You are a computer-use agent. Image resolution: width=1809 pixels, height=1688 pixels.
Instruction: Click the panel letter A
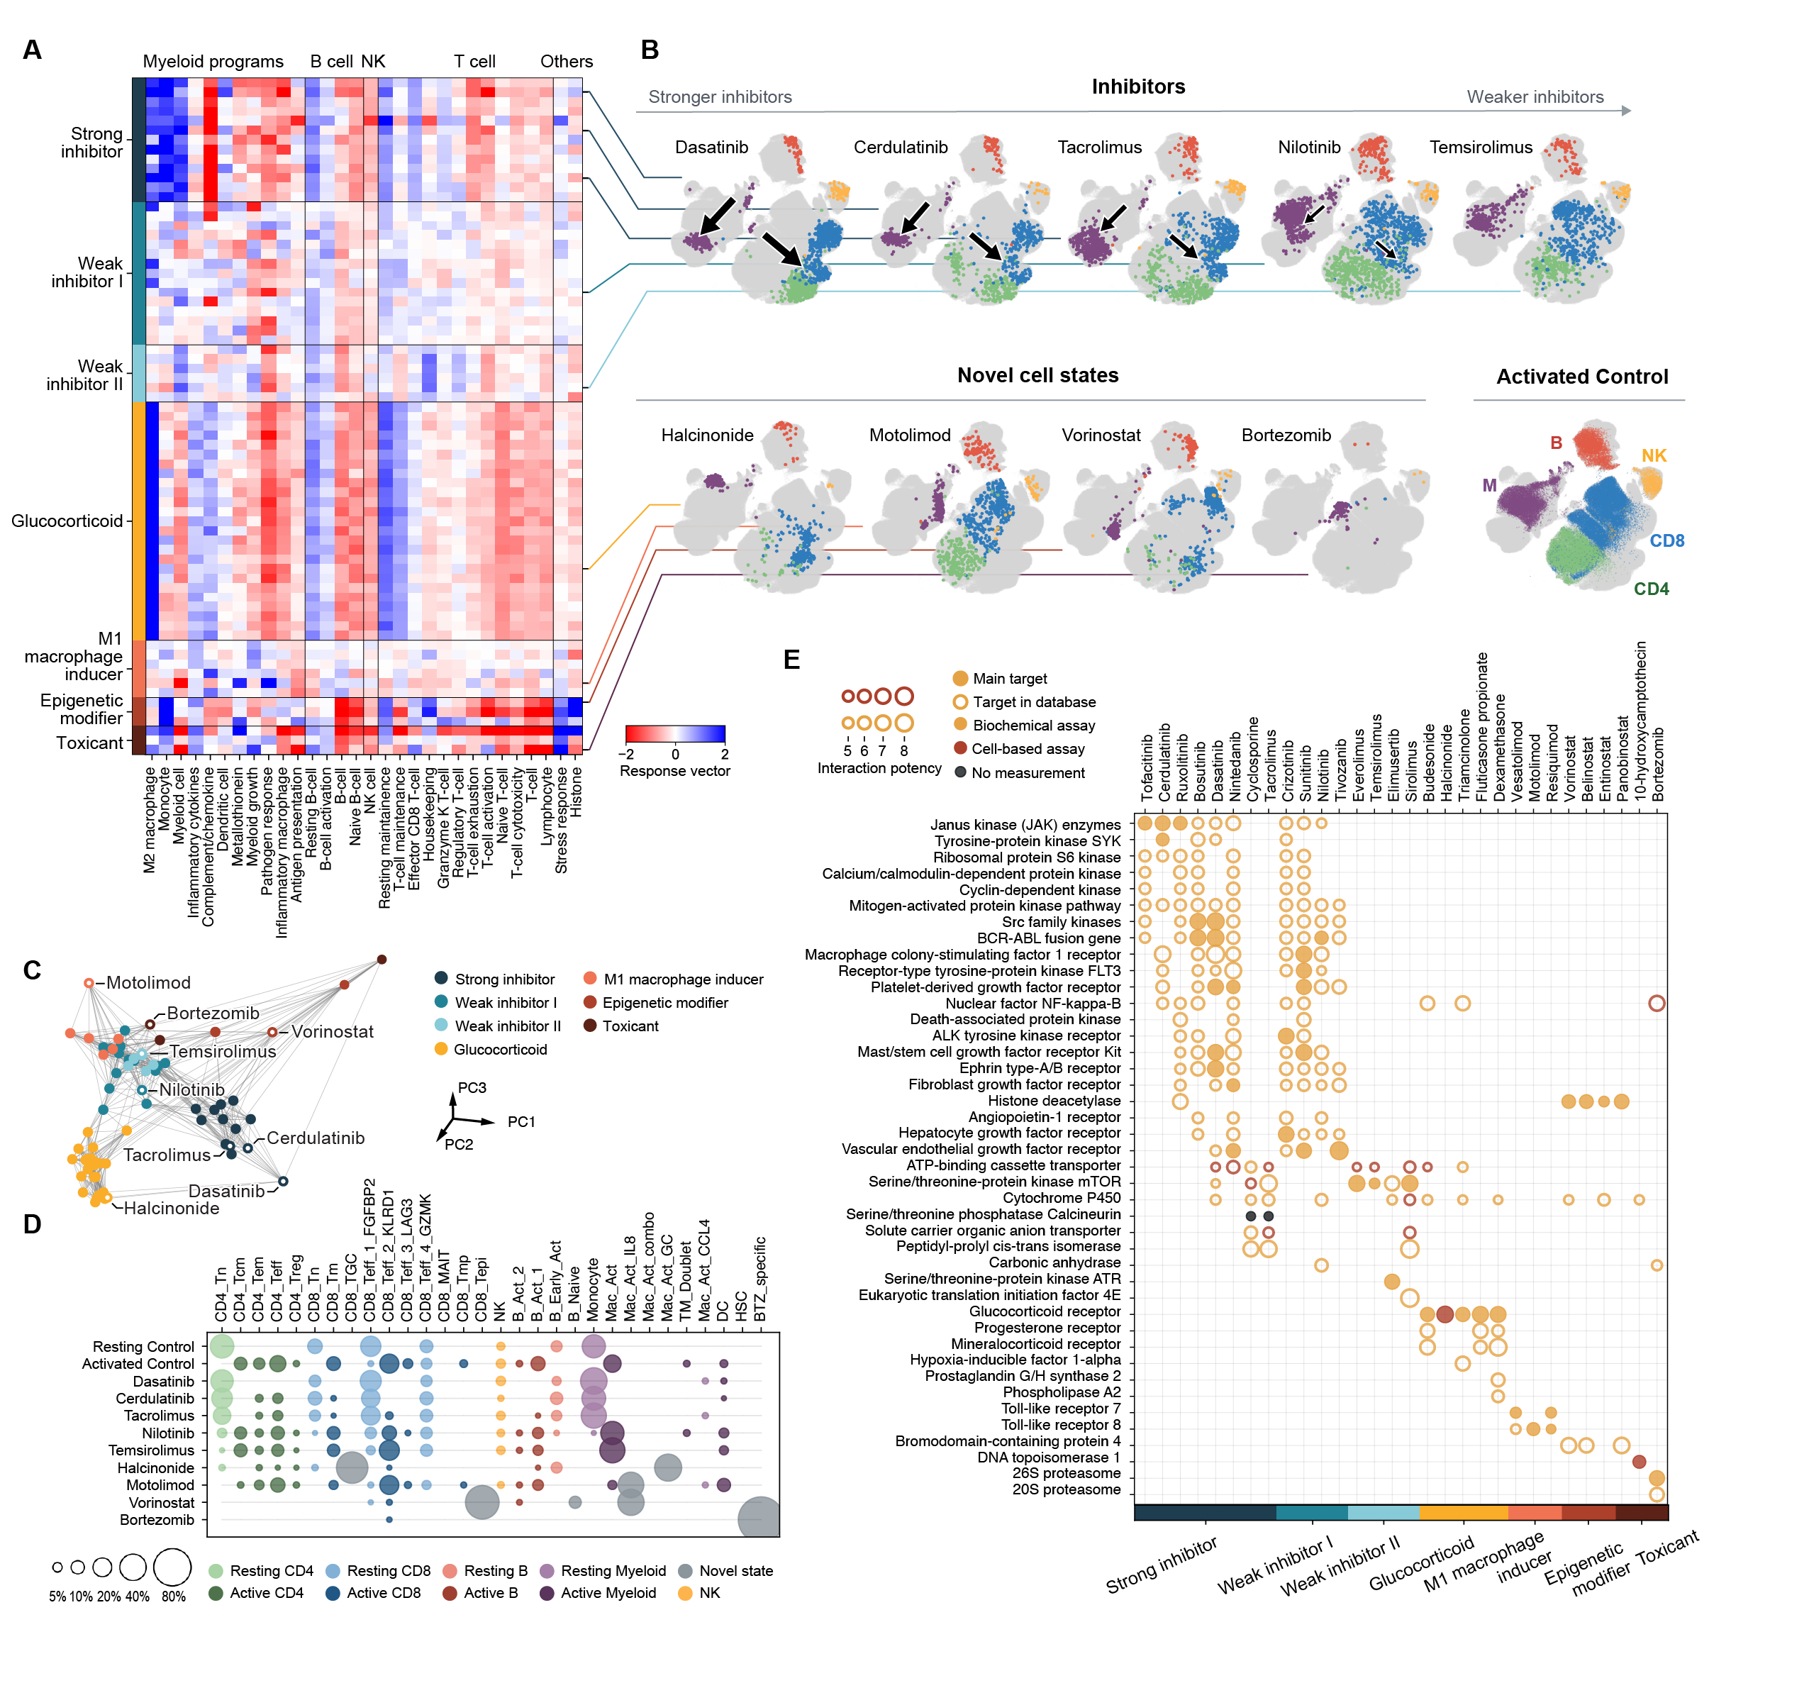32,50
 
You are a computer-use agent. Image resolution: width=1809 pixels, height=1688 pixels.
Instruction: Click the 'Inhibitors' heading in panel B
1137,87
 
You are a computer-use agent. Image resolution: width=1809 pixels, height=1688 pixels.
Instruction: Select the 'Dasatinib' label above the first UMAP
711,148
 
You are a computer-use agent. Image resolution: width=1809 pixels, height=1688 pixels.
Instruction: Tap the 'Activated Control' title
1581,377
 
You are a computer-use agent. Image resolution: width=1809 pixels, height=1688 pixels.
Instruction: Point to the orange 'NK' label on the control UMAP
1654,456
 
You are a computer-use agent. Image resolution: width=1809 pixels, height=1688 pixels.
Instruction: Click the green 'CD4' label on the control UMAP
1651,589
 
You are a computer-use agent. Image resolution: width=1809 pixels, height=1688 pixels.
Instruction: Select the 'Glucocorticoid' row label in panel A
67,521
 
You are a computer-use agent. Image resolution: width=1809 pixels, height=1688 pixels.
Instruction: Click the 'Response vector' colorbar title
674,771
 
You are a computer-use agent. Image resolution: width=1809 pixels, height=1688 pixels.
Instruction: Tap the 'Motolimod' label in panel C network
147,983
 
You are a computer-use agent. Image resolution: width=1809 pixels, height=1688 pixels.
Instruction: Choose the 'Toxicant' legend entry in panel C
630,1026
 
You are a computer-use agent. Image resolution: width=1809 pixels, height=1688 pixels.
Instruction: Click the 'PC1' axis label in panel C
521,1122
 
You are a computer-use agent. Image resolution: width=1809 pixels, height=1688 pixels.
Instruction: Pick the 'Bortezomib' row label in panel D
157,1520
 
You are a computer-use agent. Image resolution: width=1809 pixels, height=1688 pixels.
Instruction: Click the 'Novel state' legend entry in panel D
735,1570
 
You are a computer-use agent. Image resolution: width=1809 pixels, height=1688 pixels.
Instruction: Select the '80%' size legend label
173,1596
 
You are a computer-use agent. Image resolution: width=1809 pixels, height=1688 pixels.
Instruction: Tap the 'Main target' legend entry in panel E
1009,679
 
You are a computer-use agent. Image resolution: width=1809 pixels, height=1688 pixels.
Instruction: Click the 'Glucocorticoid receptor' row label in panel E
1044,1311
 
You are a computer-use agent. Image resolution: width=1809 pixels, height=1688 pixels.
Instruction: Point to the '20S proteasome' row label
1066,1489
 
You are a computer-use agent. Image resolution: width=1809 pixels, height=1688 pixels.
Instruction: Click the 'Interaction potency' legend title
879,768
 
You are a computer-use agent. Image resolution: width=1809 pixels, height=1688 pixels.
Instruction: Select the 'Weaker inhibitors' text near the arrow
1534,97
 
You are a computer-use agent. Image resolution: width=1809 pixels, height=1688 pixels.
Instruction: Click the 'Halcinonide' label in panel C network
171,1209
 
